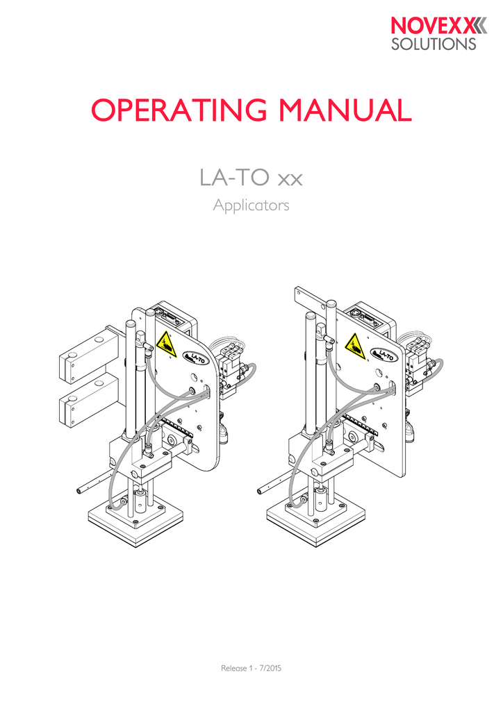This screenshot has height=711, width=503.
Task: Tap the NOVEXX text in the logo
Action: point(431,27)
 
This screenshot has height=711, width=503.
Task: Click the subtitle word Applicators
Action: point(251,206)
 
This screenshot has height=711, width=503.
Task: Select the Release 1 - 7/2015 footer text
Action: point(251,668)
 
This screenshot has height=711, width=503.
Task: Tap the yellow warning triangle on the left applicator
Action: point(165,343)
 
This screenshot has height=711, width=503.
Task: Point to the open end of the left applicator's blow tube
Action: point(80,490)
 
